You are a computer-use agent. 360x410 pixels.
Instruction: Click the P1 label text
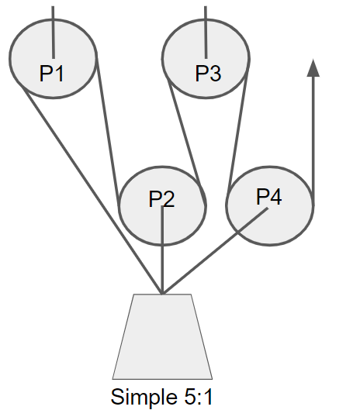pyautogui.click(x=51, y=74)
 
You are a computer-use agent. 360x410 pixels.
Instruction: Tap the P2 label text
pyautogui.click(x=161, y=199)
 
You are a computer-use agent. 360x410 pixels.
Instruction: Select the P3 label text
pyautogui.click(x=208, y=74)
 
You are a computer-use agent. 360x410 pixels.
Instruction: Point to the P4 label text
pyautogui.click(x=269, y=197)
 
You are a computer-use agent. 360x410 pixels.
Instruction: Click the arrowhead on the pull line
pyautogui.click(x=313, y=67)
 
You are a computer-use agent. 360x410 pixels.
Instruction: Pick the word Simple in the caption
pyautogui.click(x=144, y=398)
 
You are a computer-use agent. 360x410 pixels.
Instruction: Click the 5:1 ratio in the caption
pyautogui.click(x=199, y=397)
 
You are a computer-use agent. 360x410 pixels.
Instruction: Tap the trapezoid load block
pyautogui.click(x=162, y=337)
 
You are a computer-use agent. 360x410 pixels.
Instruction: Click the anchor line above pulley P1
pyautogui.click(x=54, y=32)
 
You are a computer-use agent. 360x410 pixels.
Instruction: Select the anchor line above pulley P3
pyautogui.click(x=206, y=32)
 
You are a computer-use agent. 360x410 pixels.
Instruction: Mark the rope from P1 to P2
pyautogui.click(x=108, y=130)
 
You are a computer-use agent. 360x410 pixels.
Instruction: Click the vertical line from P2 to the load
pyautogui.click(x=162, y=250)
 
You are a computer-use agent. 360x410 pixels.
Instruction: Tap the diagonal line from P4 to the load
pyautogui.click(x=215, y=251)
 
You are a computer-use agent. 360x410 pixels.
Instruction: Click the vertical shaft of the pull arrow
pyautogui.click(x=313, y=141)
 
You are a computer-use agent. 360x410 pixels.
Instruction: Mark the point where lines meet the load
pyautogui.click(x=162, y=294)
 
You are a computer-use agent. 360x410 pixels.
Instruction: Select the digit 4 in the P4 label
pyautogui.click(x=275, y=197)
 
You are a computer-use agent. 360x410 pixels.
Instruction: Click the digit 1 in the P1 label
pyautogui.click(x=60, y=74)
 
